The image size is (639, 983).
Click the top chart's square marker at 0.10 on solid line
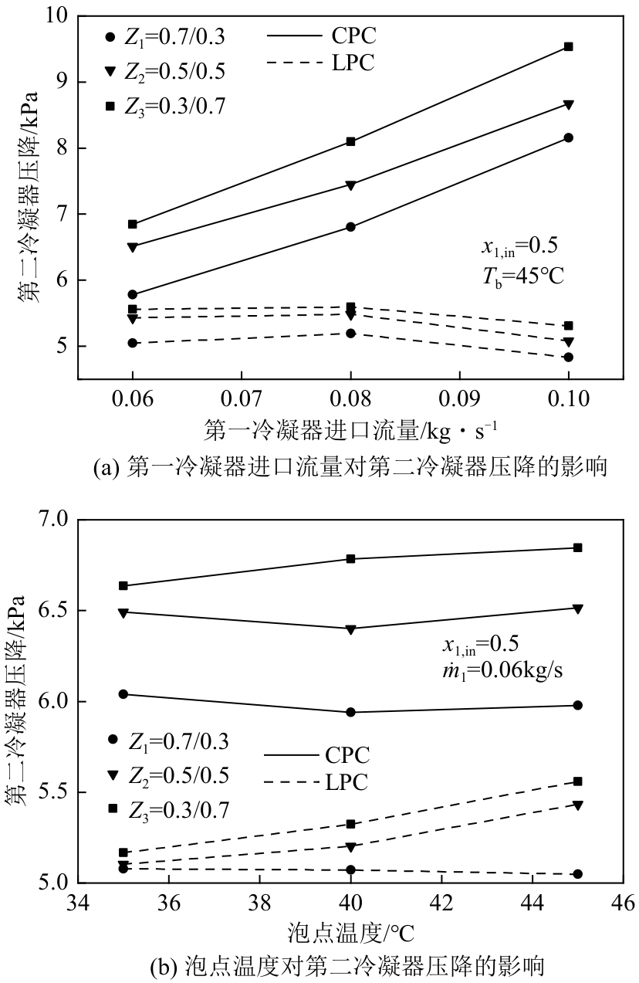(569, 46)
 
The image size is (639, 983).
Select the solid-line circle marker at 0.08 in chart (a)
(351, 227)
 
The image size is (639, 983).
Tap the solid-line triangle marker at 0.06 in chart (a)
(133, 247)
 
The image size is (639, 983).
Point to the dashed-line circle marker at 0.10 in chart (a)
(569, 357)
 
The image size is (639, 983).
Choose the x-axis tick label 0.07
(242, 398)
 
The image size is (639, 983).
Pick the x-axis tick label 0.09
(460, 398)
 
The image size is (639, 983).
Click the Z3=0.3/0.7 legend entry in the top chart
(167, 106)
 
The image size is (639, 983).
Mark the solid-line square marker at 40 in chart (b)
(351, 558)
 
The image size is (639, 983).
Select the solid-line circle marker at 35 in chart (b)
(123, 694)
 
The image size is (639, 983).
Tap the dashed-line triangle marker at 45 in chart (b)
(578, 805)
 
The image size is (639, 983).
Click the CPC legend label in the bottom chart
(347, 755)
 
